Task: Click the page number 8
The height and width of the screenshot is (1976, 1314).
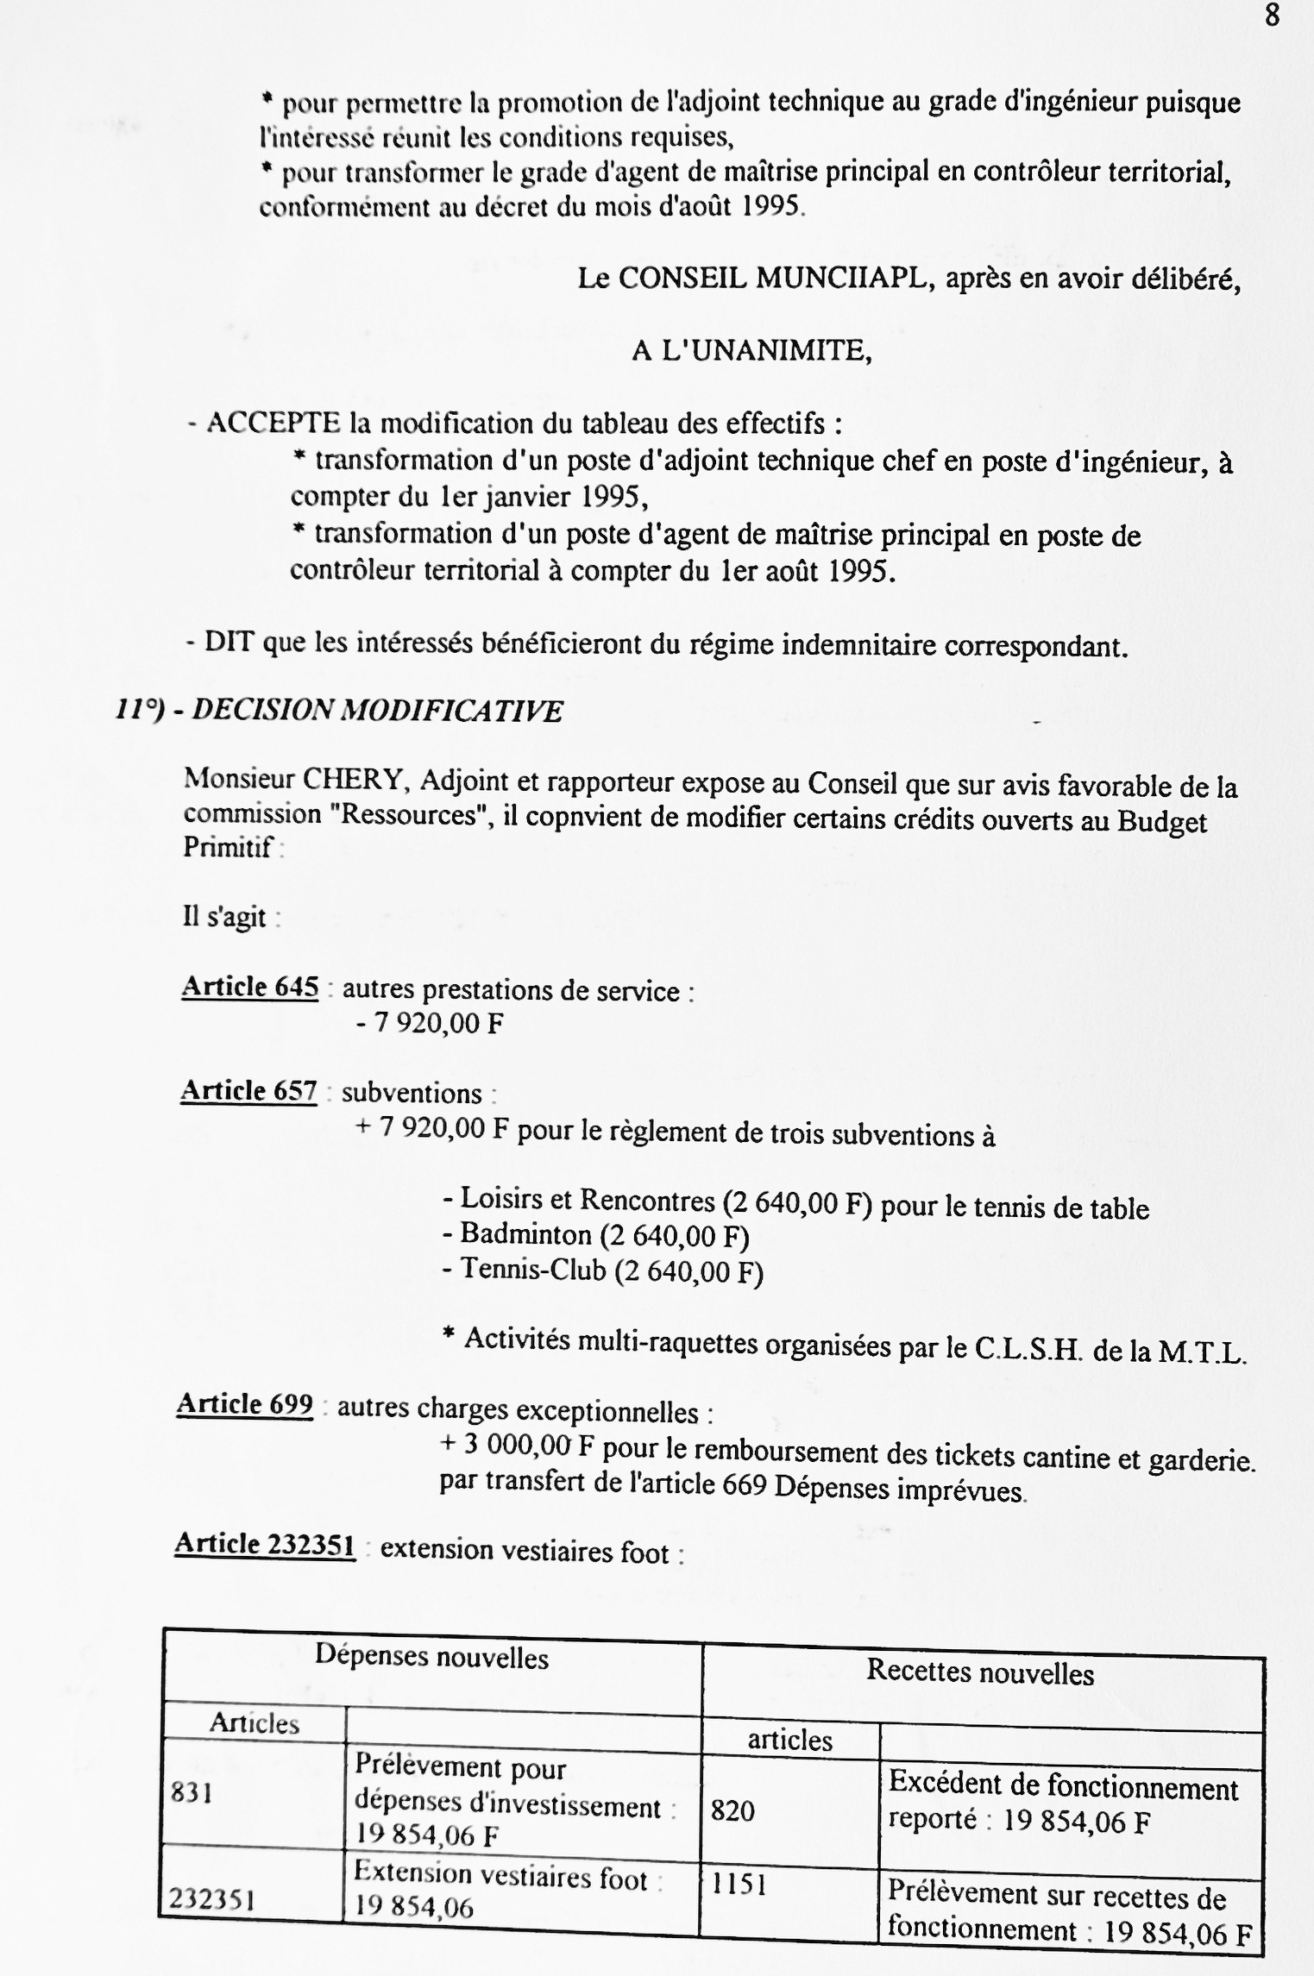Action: coord(1273,16)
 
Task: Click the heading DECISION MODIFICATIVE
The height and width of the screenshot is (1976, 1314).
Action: coord(377,711)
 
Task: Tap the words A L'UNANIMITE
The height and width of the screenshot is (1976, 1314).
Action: coord(751,351)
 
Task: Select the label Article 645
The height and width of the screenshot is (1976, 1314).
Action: coord(249,987)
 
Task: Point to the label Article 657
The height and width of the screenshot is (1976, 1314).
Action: coord(248,1091)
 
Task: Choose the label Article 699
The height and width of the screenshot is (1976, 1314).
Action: coord(245,1405)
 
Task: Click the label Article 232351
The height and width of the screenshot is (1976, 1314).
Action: coord(265,1545)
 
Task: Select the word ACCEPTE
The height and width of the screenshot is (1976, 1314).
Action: coord(273,423)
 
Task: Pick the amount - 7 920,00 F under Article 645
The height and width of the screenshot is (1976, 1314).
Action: coord(429,1024)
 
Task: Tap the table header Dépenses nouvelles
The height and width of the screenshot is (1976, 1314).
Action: coord(431,1657)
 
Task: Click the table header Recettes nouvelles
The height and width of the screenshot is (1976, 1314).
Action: coord(980,1673)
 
